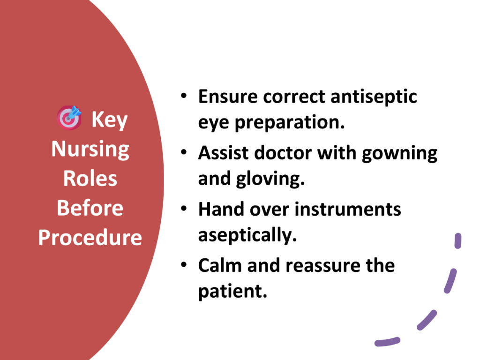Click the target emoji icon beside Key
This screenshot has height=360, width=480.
pos(69,118)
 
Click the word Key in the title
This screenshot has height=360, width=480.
pos(110,120)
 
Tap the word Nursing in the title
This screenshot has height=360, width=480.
pos(90,150)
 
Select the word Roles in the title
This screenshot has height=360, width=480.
pos(90,179)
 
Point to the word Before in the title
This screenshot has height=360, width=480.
pos(90,208)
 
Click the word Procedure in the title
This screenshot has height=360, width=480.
pos(90,237)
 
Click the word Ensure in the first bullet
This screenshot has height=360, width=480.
pos(228,97)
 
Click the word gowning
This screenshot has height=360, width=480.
pos(400,154)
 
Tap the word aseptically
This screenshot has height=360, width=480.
pos(247,236)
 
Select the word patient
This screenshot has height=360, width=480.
pos(233,292)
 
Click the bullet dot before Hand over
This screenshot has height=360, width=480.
pos(184,209)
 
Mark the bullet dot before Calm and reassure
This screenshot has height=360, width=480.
pos(184,264)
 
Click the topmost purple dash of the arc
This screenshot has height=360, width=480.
pos(458,241)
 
